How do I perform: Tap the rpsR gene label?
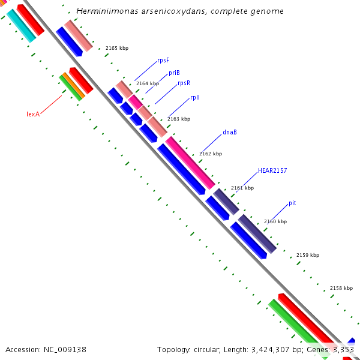(184, 83)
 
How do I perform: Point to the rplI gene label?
(196, 97)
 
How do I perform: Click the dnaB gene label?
(229, 132)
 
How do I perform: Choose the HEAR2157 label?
(272, 170)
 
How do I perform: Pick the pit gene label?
(292, 203)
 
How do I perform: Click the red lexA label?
(32, 113)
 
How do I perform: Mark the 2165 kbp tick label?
(116, 48)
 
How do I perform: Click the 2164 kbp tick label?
(148, 83)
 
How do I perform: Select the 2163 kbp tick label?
(178, 119)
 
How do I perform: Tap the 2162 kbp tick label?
(211, 154)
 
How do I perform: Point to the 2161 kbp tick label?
(242, 188)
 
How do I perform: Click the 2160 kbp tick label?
(275, 221)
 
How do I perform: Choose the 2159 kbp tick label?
(308, 255)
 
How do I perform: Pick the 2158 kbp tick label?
(341, 288)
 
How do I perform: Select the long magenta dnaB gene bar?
(190, 162)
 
